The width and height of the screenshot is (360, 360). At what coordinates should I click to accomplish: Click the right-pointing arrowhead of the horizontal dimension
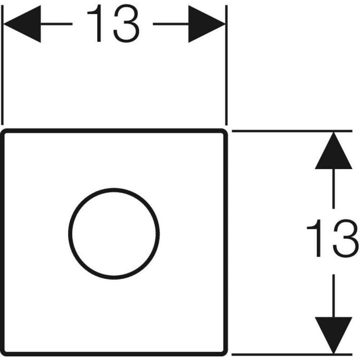(207, 24)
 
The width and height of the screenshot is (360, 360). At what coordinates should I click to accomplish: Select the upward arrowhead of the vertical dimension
(333, 153)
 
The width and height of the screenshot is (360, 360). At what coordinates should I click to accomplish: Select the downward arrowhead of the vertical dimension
(333, 333)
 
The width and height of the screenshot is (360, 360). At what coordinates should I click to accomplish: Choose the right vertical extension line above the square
(226, 72)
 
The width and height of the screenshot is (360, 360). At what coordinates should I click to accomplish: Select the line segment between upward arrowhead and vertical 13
(333, 189)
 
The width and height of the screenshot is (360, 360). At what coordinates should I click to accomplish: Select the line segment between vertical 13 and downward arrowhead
(333, 295)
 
